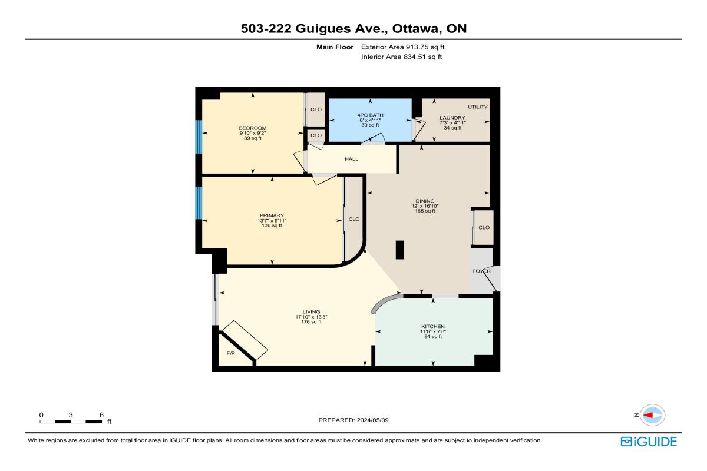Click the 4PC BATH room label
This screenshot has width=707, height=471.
(x=370, y=115)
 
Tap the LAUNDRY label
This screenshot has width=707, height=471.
(x=452, y=118)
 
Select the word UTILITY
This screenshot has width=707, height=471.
(x=478, y=107)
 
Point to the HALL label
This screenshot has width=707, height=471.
(x=351, y=159)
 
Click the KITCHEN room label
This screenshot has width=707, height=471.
(x=432, y=326)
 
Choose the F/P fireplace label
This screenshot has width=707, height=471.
(x=231, y=353)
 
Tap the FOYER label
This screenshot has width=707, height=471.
(x=481, y=271)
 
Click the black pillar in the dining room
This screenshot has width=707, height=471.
(x=399, y=250)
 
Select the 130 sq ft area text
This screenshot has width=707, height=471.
(x=272, y=225)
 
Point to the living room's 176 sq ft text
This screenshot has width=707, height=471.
(x=311, y=322)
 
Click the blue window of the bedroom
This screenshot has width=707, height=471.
(x=199, y=137)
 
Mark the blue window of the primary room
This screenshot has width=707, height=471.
(x=199, y=203)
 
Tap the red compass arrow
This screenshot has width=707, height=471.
(x=648, y=415)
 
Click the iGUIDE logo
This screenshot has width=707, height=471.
(x=649, y=442)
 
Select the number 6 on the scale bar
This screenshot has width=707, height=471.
(x=101, y=415)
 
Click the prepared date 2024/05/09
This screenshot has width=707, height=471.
(x=372, y=420)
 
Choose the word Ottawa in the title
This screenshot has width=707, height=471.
(x=417, y=29)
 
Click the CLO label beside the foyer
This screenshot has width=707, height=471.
(x=484, y=227)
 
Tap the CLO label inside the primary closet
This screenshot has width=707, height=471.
(x=354, y=219)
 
